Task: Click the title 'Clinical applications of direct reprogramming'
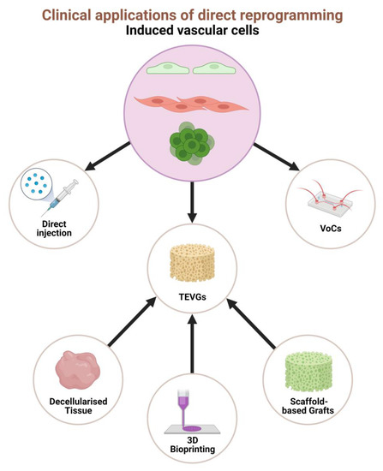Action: coord(191,14)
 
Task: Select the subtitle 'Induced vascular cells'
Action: coord(191,31)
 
